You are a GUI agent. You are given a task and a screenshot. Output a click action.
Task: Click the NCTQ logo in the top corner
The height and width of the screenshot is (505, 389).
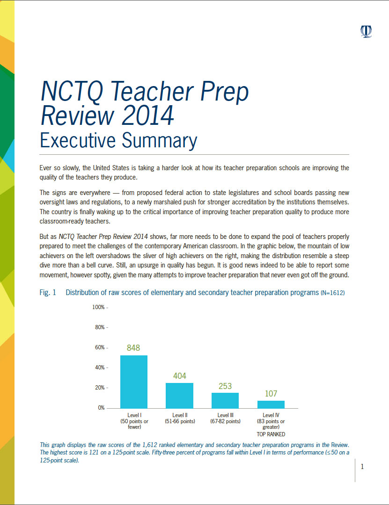point(366,31)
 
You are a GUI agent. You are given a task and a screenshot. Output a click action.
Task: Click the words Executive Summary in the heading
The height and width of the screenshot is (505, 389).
point(118,140)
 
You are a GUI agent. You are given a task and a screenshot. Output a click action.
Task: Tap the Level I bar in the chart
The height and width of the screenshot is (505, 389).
point(134,381)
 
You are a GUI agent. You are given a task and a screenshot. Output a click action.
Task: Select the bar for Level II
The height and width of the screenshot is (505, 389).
point(180,395)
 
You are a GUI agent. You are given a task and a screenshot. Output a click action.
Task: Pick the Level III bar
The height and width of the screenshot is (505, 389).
point(225,400)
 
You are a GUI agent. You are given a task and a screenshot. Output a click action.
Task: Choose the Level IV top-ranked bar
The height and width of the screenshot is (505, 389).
point(271,404)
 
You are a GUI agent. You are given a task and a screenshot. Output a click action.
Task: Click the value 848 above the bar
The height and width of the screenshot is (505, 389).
point(133,348)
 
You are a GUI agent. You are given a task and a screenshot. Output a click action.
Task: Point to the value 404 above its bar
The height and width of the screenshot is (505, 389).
point(180,375)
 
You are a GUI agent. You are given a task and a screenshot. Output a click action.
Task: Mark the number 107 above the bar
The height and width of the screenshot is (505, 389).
point(271,394)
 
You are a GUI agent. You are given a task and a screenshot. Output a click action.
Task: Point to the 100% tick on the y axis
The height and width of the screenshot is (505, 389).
point(98,308)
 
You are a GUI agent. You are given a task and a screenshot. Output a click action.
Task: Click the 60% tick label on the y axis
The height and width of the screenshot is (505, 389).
point(99,348)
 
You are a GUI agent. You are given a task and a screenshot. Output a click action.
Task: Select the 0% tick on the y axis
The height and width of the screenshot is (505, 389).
point(101,408)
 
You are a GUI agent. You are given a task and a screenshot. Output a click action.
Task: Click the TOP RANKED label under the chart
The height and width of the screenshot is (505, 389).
point(271,434)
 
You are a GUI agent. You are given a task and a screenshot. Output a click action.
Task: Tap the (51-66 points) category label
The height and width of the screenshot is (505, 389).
point(180,421)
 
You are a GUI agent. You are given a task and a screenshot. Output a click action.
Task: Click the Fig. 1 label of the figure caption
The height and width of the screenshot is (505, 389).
point(48,293)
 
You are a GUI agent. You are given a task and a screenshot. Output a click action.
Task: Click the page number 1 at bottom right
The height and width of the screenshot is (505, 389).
point(362,467)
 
